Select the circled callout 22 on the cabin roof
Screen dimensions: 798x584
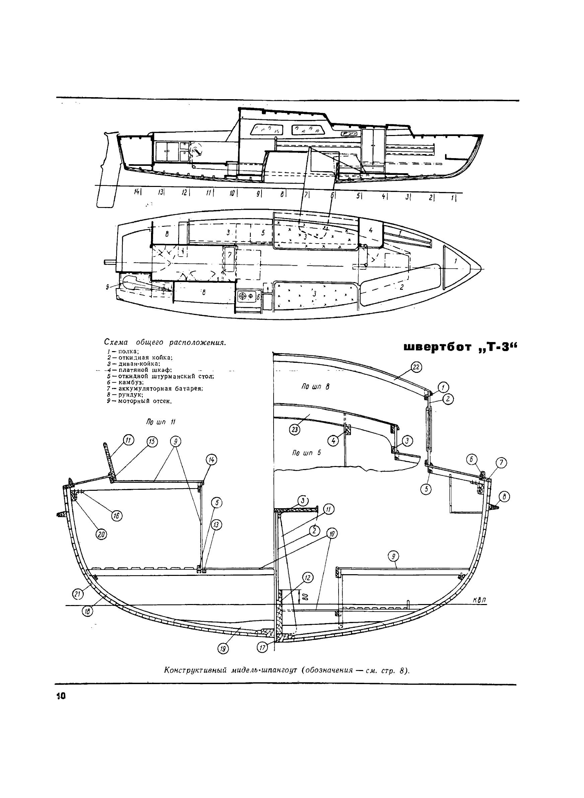[x=416, y=368]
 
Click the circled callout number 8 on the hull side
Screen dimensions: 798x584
[x=505, y=497]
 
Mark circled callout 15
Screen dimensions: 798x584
[x=152, y=442]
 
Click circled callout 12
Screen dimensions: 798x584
[x=307, y=578]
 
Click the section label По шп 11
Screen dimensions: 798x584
[x=160, y=422]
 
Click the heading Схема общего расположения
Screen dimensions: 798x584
[x=165, y=342]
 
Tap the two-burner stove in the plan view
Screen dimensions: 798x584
[x=246, y=295]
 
